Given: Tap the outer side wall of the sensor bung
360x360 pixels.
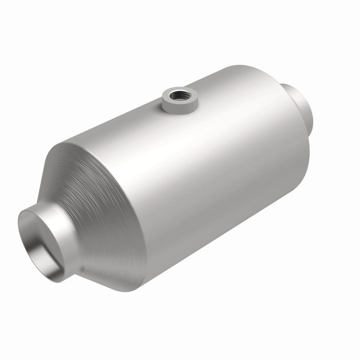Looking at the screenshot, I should pos(173,107).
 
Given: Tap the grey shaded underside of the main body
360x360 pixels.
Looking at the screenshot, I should pos(225,238).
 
